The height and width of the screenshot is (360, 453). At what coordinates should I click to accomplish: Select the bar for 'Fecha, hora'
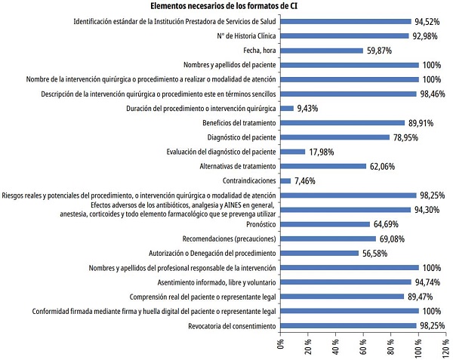[x=321, y=51]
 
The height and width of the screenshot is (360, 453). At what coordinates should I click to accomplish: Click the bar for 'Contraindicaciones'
[x=285, y=180]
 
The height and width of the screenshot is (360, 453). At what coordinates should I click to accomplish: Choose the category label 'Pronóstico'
[x=257, y=224]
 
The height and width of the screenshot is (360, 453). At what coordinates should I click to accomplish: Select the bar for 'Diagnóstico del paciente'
[x=334, y=137]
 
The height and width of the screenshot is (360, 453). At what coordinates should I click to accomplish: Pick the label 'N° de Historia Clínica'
[x=239, y=36]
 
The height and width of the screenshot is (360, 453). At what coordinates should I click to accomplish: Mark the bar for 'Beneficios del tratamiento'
[x=342, y=123]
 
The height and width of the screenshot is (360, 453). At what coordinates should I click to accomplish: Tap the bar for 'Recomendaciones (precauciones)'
[x=328, y=238]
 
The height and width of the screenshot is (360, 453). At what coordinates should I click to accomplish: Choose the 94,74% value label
[x=430, y=282]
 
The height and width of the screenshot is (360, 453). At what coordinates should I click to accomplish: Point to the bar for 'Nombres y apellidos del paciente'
[x=349, y=65]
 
